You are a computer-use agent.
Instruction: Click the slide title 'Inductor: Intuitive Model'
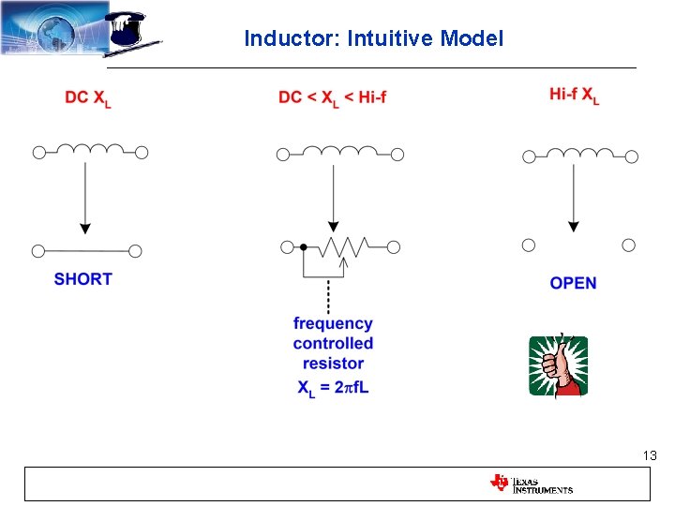pos(373,38)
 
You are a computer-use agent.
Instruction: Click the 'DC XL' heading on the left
pos(88,97)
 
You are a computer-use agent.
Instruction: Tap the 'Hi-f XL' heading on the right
pos(574,95)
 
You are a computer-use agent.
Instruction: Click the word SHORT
pos(82,278)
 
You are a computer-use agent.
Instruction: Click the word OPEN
pos(573,283)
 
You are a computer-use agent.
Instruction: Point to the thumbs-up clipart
pos(558,365)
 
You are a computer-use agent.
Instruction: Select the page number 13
pos(649,455)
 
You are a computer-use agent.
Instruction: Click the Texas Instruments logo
pos(531,484)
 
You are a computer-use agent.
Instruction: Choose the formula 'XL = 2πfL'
pos(333,387)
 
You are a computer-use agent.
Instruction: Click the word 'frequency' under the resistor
pos(333,323)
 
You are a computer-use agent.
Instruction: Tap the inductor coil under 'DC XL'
pos(91,150)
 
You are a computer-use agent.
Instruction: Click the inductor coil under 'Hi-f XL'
pos(577,154)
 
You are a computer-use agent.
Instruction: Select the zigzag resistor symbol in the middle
pos(345,247)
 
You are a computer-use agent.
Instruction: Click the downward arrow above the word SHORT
pos(85,197)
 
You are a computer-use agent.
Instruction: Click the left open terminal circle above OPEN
pos(528,245)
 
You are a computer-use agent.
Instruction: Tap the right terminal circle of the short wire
pos(136,250)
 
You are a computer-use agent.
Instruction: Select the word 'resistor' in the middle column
pos(333,365)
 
